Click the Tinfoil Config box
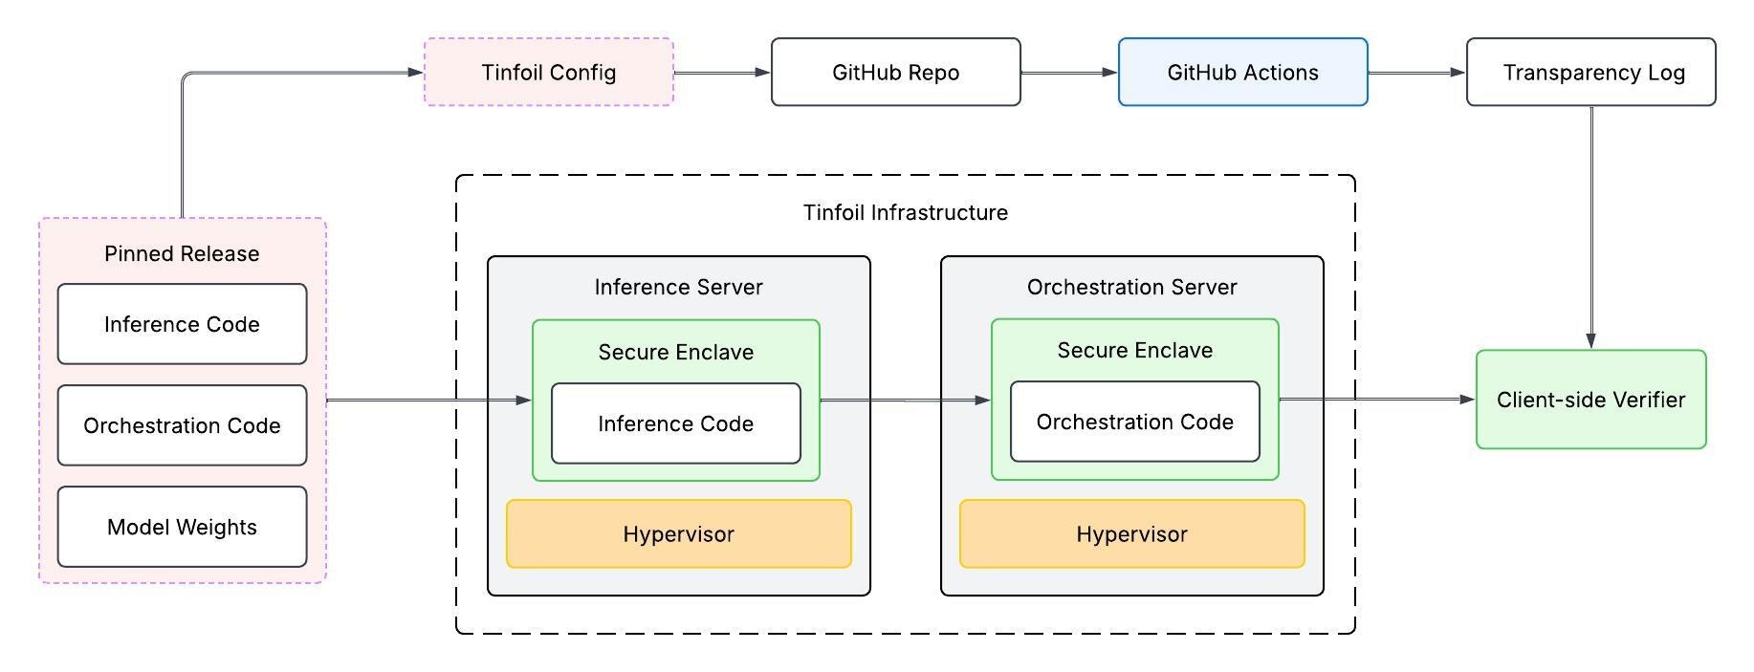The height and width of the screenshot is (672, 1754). (x=549, y=73)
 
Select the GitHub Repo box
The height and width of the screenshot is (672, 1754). (x=895, y=73)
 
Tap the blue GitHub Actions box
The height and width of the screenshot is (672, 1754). (x=1242, y=73)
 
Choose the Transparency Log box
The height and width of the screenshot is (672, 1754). (x=1590, y=73)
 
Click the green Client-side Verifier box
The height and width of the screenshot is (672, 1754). (x=1590, y=400)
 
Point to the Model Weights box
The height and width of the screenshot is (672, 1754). (x=182, y=527)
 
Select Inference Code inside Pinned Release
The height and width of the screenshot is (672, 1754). (x=182, y=324)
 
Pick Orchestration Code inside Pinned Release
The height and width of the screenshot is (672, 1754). (x=182, y=425)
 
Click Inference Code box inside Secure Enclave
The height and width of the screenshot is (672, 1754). (x=675, y=423)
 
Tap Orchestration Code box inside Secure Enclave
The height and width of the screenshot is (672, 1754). (x=1134, y=422)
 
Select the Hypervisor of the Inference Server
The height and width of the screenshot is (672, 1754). (x=678, y=534)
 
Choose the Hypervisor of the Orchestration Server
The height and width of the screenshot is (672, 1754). (x=1131, y=534)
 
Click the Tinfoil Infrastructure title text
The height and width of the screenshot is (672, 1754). (x=905, y=212)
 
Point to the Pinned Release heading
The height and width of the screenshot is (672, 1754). (x=182, y=253)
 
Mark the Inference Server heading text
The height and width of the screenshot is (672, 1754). (x=678, y=287)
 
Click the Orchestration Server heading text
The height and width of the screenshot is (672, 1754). (x=1131, y=287)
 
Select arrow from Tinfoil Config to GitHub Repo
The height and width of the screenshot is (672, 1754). (x=722, y=73)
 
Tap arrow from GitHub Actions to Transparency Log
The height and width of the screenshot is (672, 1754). (x=1416, y=73)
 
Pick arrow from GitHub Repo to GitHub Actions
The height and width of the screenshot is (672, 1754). (x=1069, y=73)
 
